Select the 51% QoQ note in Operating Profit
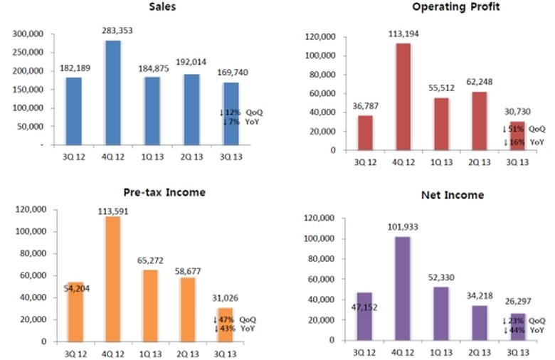[x=524, y=129]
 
